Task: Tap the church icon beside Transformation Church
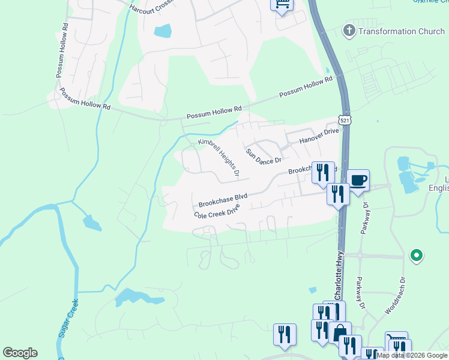coord(348,31)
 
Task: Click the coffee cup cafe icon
coord(358,181)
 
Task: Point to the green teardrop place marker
coord(415,256)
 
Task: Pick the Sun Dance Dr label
coord(263,155)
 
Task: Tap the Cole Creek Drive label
coord(217,211)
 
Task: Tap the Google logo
coord(20,353)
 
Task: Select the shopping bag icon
coord(340,332)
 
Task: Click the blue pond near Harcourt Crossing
coord(163,31)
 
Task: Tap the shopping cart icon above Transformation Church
coord(282,5)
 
